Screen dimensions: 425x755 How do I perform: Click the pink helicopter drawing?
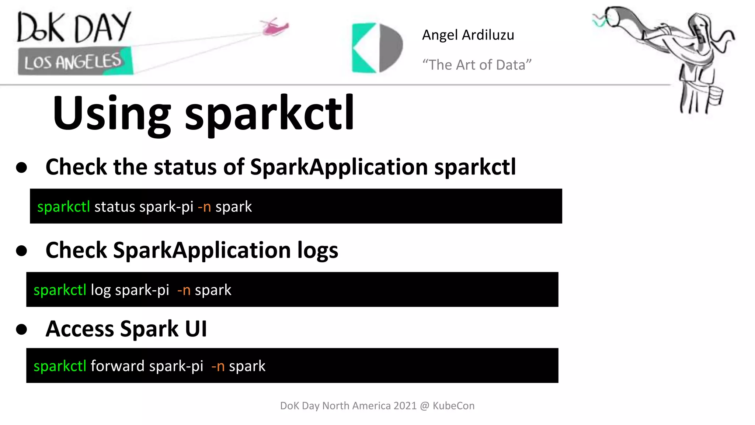click(274, 27)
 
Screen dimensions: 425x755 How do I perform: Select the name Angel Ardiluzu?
click(468, 35)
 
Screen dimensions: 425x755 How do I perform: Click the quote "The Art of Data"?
click(477, 65)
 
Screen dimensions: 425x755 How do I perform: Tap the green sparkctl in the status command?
click(63, 207)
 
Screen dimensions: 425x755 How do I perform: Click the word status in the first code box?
click(115, 207)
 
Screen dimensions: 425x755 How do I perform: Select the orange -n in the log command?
click(184, 290)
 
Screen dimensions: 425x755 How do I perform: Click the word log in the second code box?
click(100, 290)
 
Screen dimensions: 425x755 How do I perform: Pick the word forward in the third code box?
click(118, 366)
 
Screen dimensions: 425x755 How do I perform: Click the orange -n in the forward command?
click(218, 366)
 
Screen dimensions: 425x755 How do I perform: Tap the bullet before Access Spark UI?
click(22, 329)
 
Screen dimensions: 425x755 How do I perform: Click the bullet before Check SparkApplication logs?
click(22, 250)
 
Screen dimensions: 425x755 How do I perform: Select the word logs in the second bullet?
click(317, 250)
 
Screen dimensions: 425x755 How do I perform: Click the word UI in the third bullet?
click(196, 329)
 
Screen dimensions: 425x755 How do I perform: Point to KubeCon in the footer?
click(453, 406)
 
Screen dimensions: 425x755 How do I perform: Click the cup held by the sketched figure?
click(714, 96)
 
